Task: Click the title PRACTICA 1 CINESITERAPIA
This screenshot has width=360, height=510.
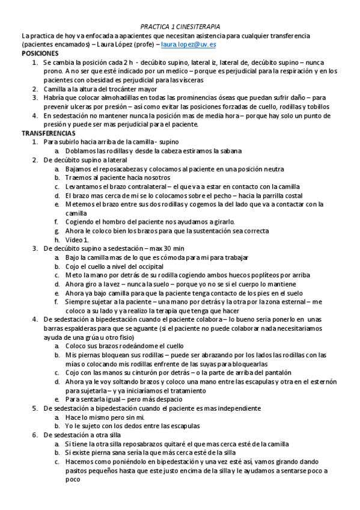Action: [180, 27]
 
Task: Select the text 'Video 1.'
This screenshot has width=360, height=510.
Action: [77, 239]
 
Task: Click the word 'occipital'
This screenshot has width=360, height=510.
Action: [147, 266]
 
